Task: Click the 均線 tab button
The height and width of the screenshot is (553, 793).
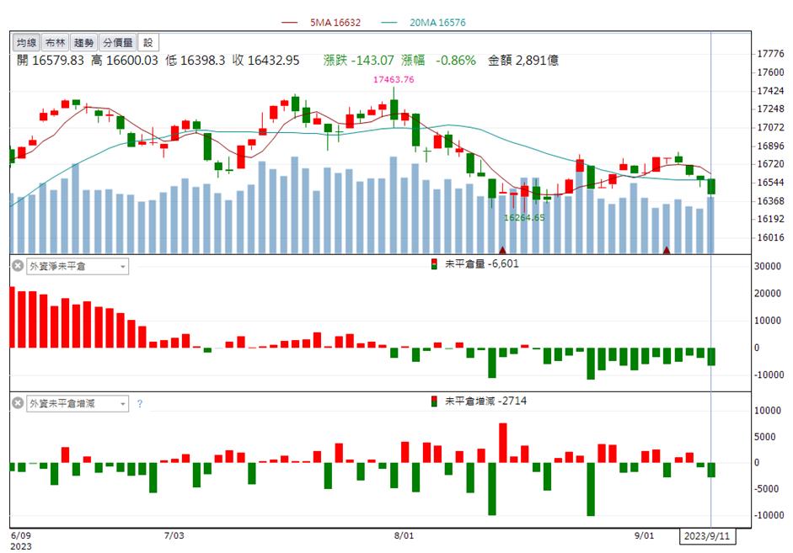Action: (x=26, y=42)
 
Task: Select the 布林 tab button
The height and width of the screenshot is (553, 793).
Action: (x=55, y=42)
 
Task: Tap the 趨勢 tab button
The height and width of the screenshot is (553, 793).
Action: (x=83, y=42)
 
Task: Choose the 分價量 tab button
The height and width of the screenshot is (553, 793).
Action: (x=117, y=42)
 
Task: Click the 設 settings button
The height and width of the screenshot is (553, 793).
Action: (x=148, y=42)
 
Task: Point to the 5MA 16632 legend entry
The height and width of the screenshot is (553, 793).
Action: (x=320, y=22)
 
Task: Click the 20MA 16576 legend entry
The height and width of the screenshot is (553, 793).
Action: (x=423, y=22)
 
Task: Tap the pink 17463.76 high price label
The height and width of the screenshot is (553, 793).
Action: (x=394, y=79)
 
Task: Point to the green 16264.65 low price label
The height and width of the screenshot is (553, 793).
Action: (x=524, y=218)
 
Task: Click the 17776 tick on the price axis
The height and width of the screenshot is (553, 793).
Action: (x=769, y=54)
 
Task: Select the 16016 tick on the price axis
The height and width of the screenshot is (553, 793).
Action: (x=769, y=237)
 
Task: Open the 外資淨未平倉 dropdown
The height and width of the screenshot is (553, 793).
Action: (x=78, y=266)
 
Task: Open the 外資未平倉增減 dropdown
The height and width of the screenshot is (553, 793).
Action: (x=78, y=403)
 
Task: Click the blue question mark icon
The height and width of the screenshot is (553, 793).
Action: (x=140, y=404)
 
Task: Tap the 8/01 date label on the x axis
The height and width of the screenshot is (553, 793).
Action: (x=404, y=535)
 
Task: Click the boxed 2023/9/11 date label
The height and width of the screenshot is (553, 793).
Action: (x=707, y=536)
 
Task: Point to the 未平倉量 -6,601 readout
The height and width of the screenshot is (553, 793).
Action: (x=475, y=263)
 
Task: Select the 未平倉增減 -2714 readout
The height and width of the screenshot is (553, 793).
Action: (x=479, y=401)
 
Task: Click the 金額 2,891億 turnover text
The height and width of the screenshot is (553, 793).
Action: (x=523, y=61)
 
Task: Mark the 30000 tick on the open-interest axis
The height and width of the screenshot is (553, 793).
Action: (x=767, y=266)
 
